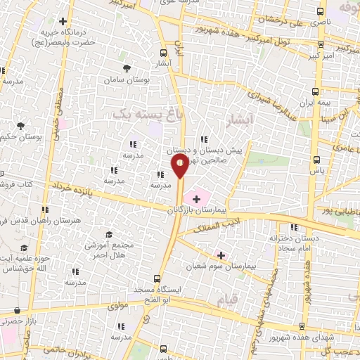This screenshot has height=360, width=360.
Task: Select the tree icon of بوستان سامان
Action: point(127,68)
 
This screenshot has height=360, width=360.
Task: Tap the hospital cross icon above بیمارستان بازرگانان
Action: point(196,200)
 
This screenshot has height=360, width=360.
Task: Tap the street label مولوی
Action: point(120,307)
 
